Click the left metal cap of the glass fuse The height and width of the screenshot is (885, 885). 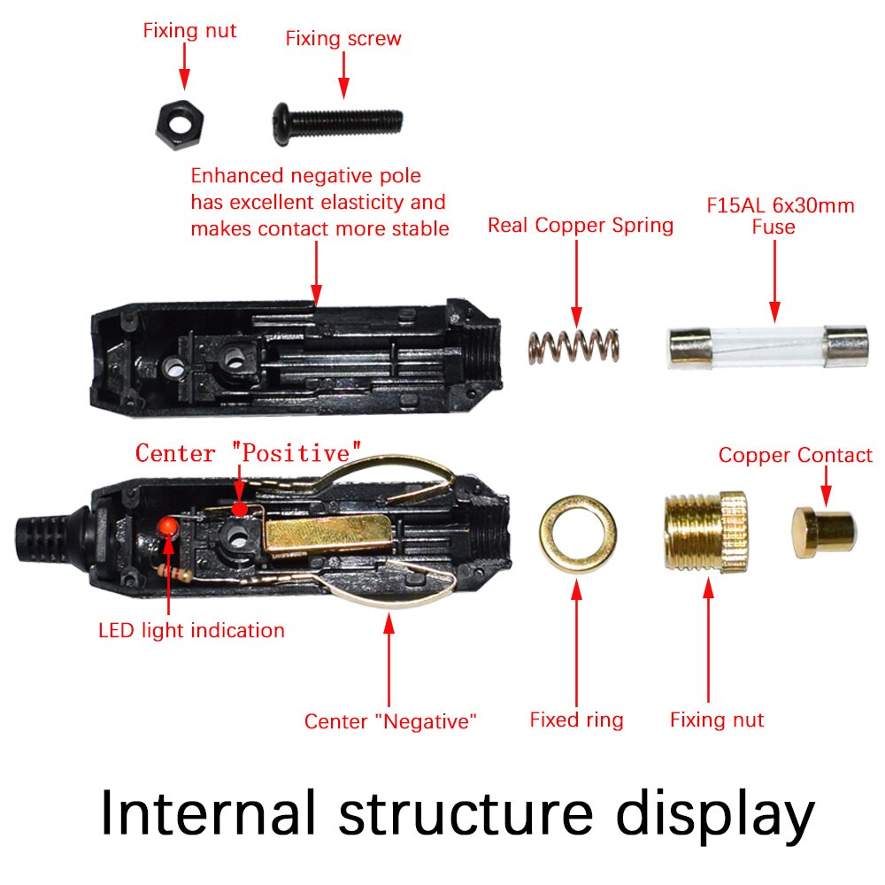click(x=687, y=344)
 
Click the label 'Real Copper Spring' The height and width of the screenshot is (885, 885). click(x=580, y=226)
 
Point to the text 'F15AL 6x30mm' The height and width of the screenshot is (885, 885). click(x=780, y=206)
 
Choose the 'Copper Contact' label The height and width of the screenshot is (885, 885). click(x=795, y=455)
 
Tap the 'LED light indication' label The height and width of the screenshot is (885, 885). click(x=191, y=630)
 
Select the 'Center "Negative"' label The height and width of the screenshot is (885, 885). click(x=390, y=721)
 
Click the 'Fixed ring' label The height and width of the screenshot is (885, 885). click(x=576, y=720)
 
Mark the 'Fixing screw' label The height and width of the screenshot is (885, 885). click(x=343, y=39)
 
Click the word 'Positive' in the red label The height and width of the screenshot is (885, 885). click(x=296, y=453)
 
